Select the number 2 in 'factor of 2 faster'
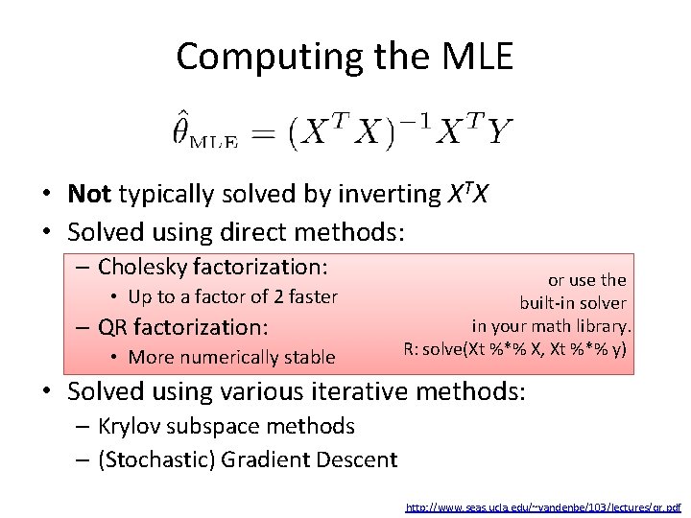click(259, 297)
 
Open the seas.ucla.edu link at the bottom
click(543, 506)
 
